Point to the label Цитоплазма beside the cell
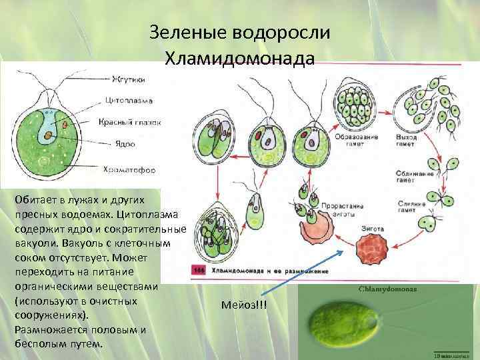pos(129,101)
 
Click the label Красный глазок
pos(129,123)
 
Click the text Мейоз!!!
pos(247,305)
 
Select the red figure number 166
pos(198,271)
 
